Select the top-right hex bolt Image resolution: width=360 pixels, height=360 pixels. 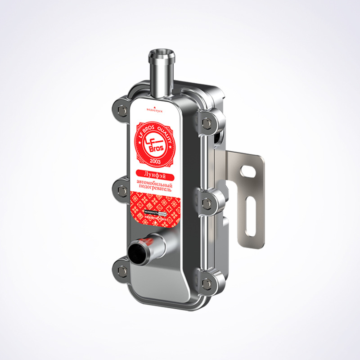tap(207, 121)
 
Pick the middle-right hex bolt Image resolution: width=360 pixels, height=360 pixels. tap(207, 203)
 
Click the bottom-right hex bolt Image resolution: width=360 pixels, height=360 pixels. tap(207, 283)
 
